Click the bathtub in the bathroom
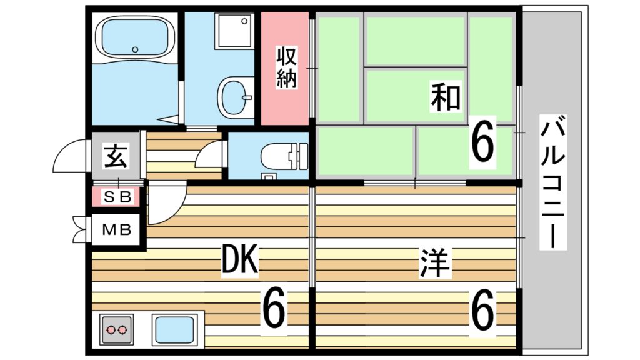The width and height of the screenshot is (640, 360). [134, 38]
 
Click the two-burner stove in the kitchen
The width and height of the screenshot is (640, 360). [116, 329]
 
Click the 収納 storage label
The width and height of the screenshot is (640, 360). [286, 67]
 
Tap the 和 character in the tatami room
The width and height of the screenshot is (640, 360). [446, 97]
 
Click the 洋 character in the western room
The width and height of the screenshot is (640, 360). [435, 263]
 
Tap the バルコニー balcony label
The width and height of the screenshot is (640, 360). [553, 182]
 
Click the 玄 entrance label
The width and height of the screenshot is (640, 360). [116, 156]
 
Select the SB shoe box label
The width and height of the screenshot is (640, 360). [117, 197]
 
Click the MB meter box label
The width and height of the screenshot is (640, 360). [116, 230]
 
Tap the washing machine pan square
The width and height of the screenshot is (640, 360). [234, 32]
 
